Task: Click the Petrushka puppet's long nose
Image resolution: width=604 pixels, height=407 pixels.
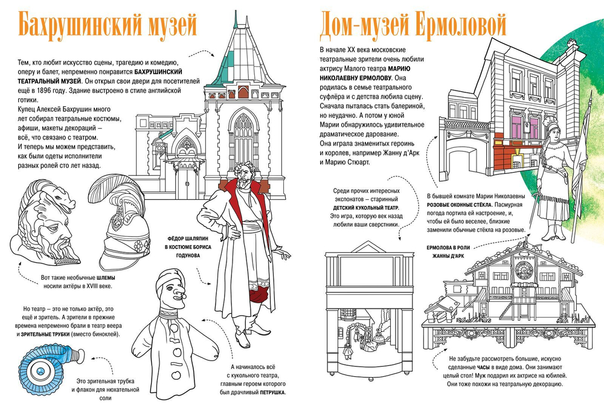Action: pos(179,295)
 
